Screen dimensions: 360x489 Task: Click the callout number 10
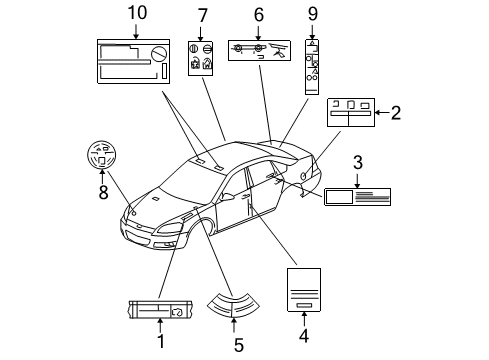[136, 12]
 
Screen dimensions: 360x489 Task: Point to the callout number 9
[313, 14]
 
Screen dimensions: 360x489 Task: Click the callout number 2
[395, 113]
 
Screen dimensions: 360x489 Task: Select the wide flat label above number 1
[160, 309]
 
